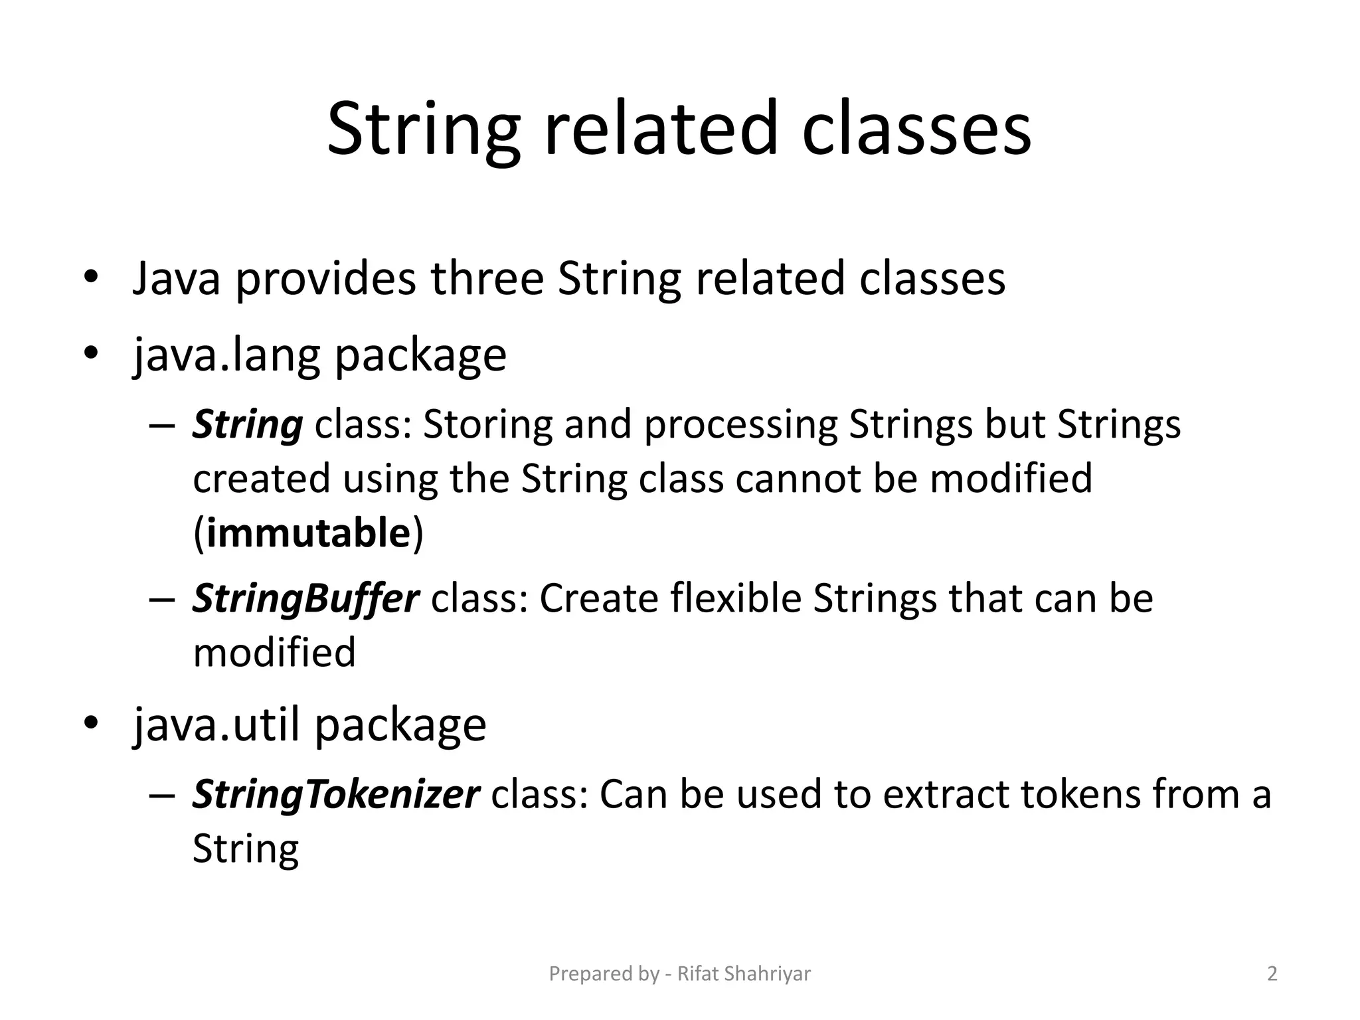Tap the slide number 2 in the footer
[x=1272, y=974]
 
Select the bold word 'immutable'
[x=308, y=533]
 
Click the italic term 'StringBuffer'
[x=305, y=599]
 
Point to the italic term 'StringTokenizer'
[x=335, y=794]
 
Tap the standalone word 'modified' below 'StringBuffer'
[x=274, y=653]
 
